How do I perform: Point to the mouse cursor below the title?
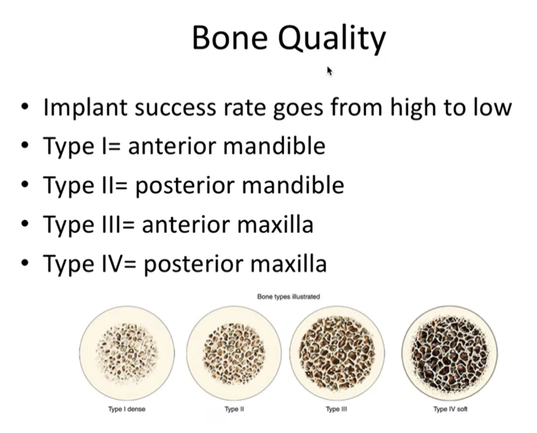click(x=329, y=71)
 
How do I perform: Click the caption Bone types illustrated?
click(x=288, y=297)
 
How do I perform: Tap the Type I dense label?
click(x=127, y=409)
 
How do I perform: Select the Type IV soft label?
click(x=451, y=409)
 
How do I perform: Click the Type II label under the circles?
click(x=234, y=409)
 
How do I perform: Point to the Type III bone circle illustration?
click(x=337, y=353)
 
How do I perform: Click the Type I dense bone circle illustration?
click(x=127, y=353)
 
